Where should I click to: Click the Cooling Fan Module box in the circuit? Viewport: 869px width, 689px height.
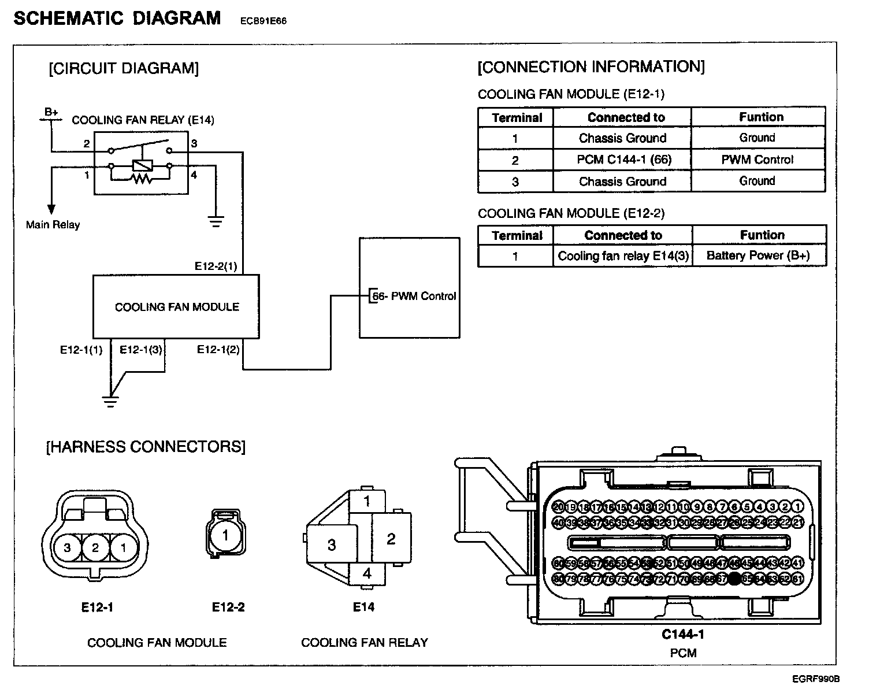[x=176, y=306]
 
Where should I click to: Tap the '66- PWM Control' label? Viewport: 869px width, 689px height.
[x=414, y=296]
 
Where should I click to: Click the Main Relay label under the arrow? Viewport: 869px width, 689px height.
[x=53, y=224]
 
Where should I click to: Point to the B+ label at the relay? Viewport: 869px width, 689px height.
[x=51, y=112]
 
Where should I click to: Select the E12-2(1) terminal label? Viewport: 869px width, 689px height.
[x=216, y=266]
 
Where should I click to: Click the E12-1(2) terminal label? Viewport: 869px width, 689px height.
[x=218, y=350]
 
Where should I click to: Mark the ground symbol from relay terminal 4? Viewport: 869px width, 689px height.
[x=216, y=221]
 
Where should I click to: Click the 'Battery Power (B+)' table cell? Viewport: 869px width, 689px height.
[x=758, y=255]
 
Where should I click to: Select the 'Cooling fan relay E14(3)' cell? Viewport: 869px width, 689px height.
[x=623, y=255]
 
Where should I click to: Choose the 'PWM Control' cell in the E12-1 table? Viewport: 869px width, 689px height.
[x=757, y=160]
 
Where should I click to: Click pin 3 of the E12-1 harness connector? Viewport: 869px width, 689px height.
[x=68, y=547]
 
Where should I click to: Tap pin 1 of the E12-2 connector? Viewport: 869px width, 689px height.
[x=225, y=535]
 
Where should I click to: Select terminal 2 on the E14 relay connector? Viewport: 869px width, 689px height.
[x=391, y=539]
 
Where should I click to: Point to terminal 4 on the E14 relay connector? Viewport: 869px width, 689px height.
[x=367, y=575]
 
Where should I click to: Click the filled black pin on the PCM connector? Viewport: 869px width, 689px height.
[x=734, y=578]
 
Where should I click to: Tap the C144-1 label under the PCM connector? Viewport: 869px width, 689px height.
[x=683, y=634]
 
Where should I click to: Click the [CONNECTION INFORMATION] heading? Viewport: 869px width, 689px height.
[x=591, y=67]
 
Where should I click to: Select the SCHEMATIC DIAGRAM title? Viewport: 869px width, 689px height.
[x=117, y=18]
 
